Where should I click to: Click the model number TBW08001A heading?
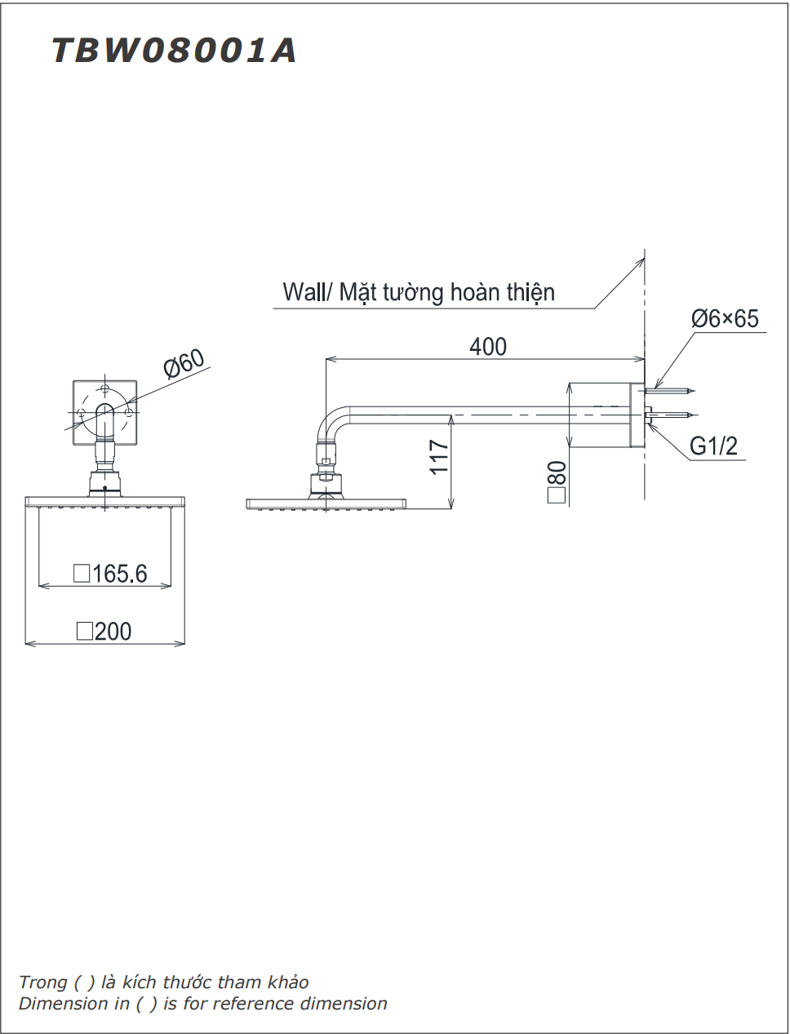click(x=174, y=51)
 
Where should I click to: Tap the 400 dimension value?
click(x=487, y=347)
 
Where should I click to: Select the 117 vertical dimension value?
click(x=439, y=457)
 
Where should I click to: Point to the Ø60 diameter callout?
click(x=184, y=364)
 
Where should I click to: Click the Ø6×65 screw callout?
click(x=725, y=318)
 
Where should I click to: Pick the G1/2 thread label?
click(x=713, y=446)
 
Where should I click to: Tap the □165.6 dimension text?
click(x=110, y=574)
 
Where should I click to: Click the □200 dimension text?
click(x=104, y=632)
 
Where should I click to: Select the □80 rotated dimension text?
click(x=557, y=482)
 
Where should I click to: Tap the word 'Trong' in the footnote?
click(x=42, y=983)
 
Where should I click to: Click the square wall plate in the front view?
click(x=104, y=413)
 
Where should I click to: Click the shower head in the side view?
click(x=326, y=503)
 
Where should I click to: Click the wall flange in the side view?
click(x=636, y=415)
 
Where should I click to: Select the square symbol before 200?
click(x=84, y=632)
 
